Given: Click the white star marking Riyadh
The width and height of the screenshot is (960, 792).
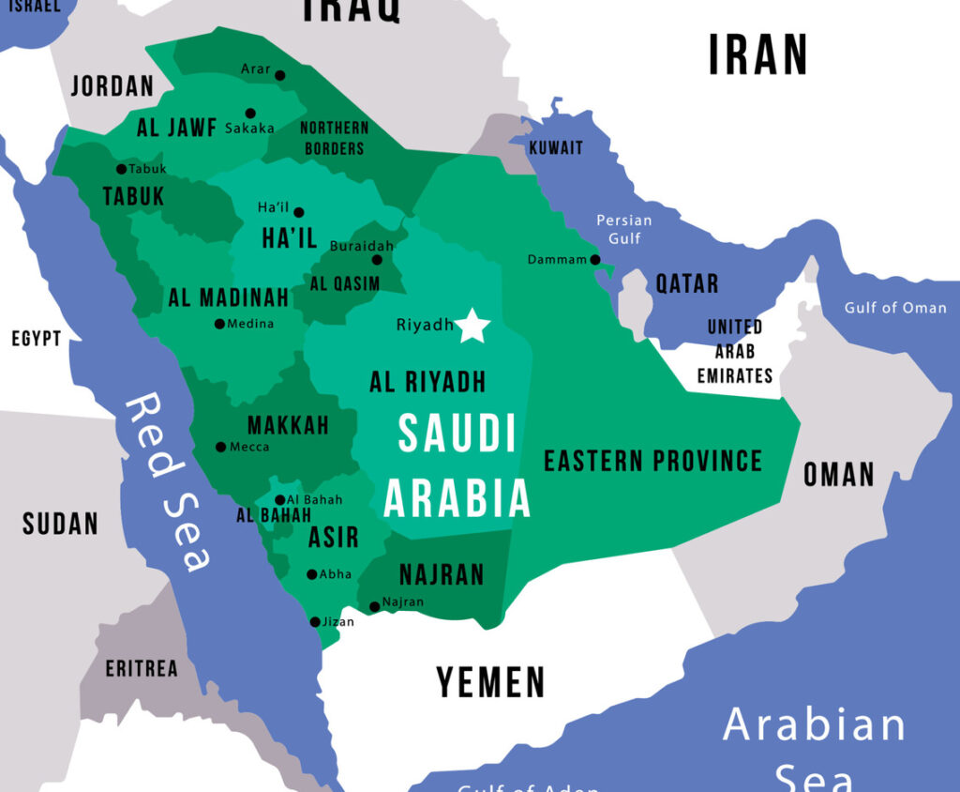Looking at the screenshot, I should (x=473, y=326).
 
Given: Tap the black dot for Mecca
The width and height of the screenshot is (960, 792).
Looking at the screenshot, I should (x=220, y=447).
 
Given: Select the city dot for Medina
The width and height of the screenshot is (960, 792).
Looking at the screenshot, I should (x=219, y=324).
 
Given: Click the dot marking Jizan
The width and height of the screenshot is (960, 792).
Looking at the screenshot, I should (x=315, y=621).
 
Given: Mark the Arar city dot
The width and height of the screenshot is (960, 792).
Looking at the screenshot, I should (x=279, y=75).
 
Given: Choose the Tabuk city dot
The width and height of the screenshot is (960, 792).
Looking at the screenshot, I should (x=121, y=169).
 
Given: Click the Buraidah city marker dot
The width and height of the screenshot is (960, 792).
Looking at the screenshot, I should (x=377, y=260).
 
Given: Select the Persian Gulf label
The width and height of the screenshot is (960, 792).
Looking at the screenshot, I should (x=624, y=229).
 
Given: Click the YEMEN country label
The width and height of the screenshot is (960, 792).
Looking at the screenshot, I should (x=490, y=682).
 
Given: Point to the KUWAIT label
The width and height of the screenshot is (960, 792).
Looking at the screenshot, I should (x=556, y=147).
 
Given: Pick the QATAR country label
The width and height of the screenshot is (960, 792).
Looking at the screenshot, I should (x=686, y=283).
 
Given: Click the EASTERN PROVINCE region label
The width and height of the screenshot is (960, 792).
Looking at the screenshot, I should (x=653, y=460).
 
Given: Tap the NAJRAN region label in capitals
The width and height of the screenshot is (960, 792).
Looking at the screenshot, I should (x=442, y=573).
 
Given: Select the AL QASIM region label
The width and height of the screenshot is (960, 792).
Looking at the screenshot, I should (x=345, y=283).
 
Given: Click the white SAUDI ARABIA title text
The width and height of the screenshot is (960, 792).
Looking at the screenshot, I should (x=457, y=466).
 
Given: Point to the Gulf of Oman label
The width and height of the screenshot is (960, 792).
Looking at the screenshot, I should (x=895, y=308).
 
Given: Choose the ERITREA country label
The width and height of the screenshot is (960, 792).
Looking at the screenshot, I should (x=141, y=668).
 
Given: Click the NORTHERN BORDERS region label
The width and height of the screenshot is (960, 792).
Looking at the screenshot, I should (x=334, y=137).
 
